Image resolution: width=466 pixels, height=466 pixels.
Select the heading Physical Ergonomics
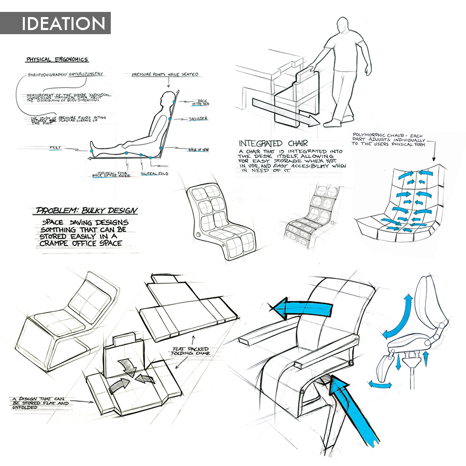click(57, 60)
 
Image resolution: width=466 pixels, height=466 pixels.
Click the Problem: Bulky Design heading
click(87, 211)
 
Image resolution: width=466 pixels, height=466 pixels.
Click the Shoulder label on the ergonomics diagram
click(197, 119)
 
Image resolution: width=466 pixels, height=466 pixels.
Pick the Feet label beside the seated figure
click(55, 148)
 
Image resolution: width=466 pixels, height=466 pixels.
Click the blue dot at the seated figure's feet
click(92, 150)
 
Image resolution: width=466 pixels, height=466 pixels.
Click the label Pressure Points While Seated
click(165, 75)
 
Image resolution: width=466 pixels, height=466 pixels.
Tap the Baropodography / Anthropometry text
click(65, 74)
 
